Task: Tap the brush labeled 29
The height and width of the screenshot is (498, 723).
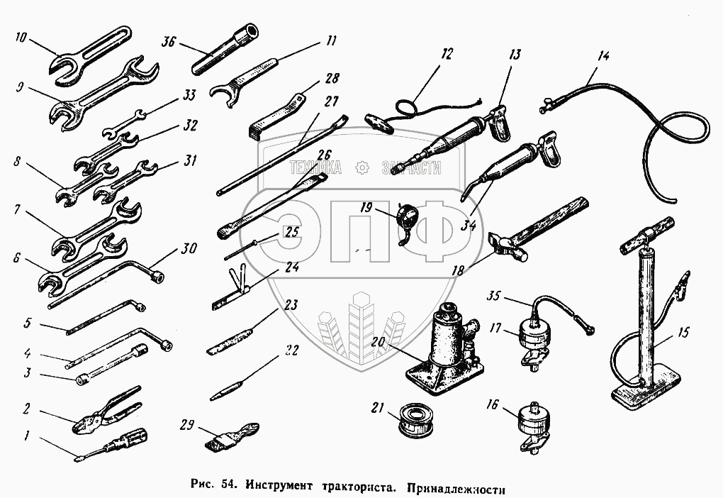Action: tap(230, 435)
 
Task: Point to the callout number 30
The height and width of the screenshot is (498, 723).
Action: tap(189, 249)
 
